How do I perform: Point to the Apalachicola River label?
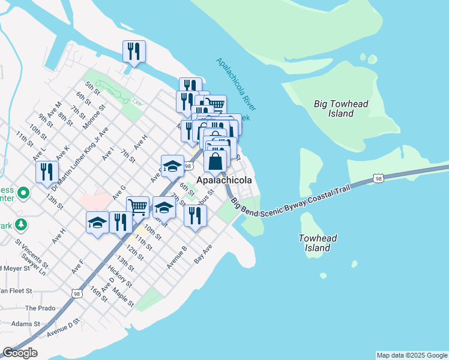click(x=236, y=85)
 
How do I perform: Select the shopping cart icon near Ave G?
click(x=138, y=208)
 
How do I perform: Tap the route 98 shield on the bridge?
click(x=378, y=178)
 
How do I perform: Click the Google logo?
click(x=20, y=353)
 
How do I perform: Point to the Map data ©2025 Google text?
click(x=412, y=355)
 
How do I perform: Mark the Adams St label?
click(x=25, y=323)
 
